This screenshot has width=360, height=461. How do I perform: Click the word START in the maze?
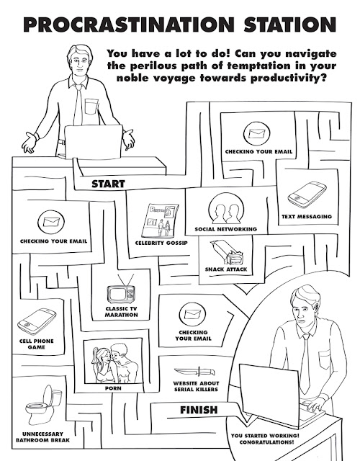(x=109, y=184)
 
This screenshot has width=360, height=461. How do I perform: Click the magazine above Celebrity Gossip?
(x=161, y=220)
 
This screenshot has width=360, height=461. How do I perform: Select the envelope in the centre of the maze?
(x=192, y=314)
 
